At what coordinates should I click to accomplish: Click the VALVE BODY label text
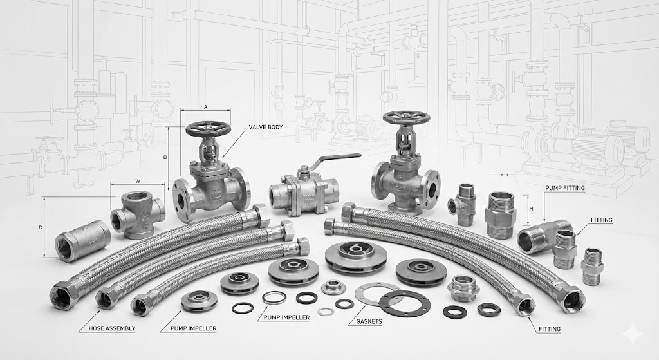click(x=266, y=127)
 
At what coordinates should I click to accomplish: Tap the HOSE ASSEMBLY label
click(x=112, y=328)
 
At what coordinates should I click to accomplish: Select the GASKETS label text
click(x=369, y=322)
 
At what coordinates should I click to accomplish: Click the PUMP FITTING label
click(x=564, y=188)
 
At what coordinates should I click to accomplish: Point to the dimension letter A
click(x=205, y=107)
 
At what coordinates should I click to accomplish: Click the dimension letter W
click(x=138, y=181)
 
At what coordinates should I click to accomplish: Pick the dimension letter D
click(x=41, y=227)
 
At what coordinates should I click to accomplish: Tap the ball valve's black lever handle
click(x=339, y=158)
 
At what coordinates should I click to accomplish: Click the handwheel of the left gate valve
click(x=209, y=129)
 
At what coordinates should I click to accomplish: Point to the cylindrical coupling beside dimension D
click(x=83, y=241)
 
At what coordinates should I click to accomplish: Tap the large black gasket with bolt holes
click(x=405, y=303)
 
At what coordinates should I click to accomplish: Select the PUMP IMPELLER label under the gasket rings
click(x=284, y=317)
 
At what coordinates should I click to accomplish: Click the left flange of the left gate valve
click(x=181, y=200)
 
